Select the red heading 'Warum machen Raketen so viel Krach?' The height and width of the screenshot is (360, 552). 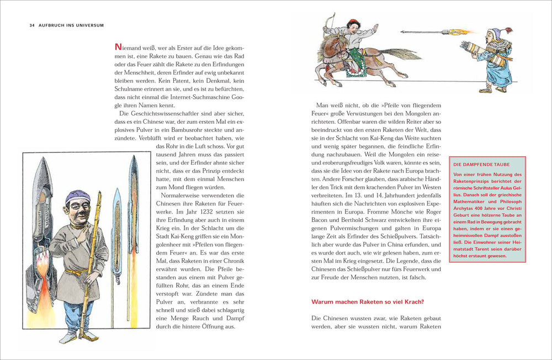click(x=368, y=302)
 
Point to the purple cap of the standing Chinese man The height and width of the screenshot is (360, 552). click(x=78, y=197)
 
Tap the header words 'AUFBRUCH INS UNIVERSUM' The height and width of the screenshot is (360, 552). click(x=71, y=25)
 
